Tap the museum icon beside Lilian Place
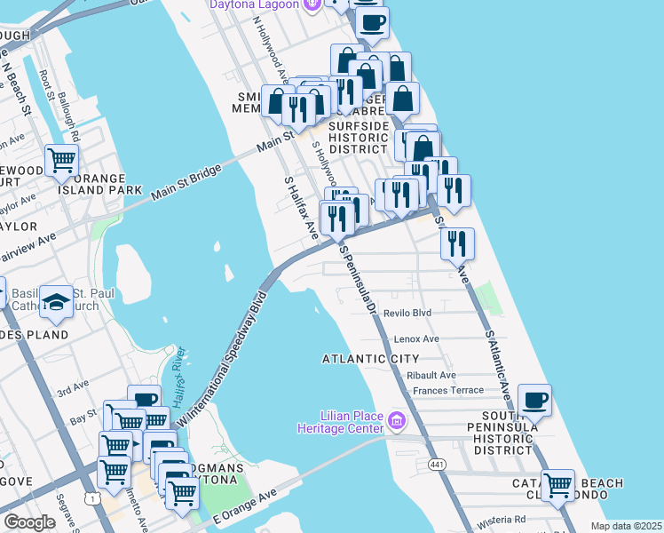396,418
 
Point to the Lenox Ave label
416,338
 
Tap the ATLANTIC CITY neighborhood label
370,359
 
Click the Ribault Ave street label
431,376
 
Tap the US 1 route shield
93,499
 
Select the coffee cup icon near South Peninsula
534,401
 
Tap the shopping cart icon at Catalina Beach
557,485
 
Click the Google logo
29,522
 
